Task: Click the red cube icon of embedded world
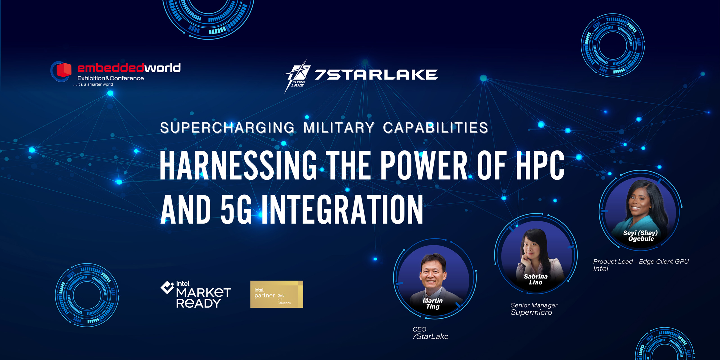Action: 64,70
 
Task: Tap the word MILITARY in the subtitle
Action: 339,128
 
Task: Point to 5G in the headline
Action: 236,209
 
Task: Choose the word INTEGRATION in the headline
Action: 343,209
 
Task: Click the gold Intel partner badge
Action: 276,294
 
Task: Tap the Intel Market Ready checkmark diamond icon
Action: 167,287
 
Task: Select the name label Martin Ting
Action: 433,303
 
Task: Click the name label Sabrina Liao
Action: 535,279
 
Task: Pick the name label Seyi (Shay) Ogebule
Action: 640,236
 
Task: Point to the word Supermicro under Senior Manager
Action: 531,312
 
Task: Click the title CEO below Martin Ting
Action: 419,329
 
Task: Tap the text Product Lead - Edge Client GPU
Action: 641,262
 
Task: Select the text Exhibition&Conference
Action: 111,78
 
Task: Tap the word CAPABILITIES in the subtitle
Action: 435,128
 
